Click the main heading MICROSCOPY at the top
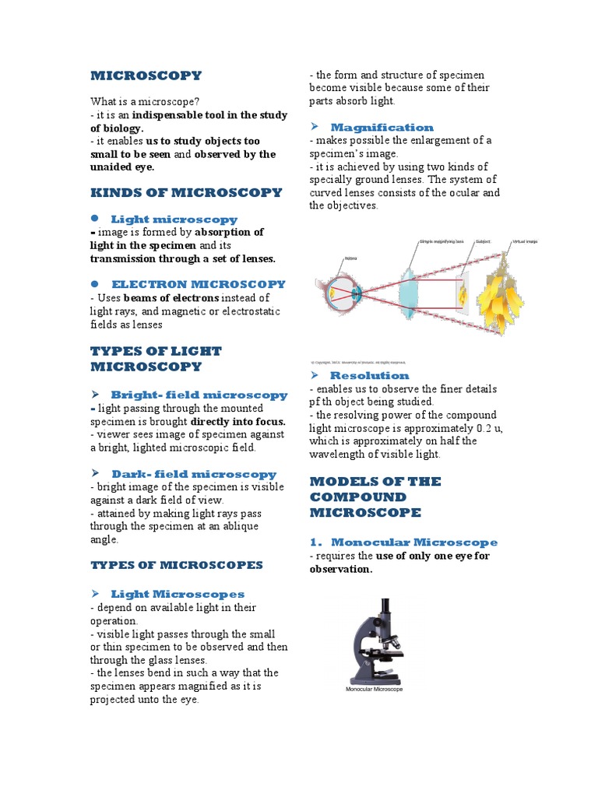point(146,75)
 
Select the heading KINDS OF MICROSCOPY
point(186,192)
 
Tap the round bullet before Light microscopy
point(95,219)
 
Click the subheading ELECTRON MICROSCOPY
point(199,284)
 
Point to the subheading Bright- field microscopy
point(199,395)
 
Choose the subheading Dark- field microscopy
point(194,473)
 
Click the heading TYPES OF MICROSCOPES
point(177,564)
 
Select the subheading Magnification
point(382,127)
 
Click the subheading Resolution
point(369,375)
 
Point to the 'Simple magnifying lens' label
point(441,242)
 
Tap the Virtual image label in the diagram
point(524,242)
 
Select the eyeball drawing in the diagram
point(340,293)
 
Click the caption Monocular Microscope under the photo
point(375,689)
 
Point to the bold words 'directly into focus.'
point(238,421)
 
